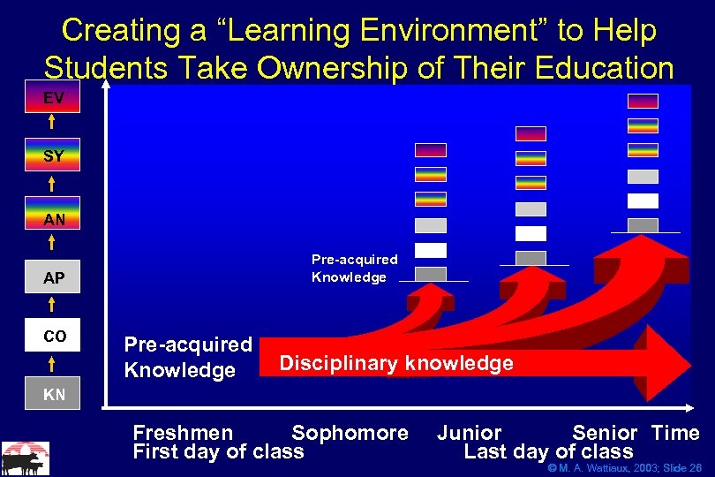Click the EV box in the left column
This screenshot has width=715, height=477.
(x=54, y=98)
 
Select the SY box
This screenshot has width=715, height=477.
(x=54, y=156)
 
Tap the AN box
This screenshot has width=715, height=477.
(x=54, y=218)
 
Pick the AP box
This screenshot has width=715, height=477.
(x=54, y=277)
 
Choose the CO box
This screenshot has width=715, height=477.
(x=54, y=336)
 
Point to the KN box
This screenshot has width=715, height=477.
(x=54, y=394)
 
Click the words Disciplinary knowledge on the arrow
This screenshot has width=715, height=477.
(x=395, y=363)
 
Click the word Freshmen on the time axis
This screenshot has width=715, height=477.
(x=183, y=433)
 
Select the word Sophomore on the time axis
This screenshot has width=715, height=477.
(x=350, y=433)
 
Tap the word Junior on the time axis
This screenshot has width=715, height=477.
(x=469, y=433)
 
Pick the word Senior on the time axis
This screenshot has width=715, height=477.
(x=605, y=433)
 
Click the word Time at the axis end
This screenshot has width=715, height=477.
(x=675, y=433)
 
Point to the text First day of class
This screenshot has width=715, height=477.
(x=218, y=451)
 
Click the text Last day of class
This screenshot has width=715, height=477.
(x=548, y=451)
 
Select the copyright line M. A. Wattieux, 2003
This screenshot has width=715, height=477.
(x=624, y=467)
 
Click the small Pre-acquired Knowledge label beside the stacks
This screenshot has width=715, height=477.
(x=354, y=269)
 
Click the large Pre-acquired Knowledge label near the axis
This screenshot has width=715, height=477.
(x=188, y=357)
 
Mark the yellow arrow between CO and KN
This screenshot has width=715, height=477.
(x=54, y=364)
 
